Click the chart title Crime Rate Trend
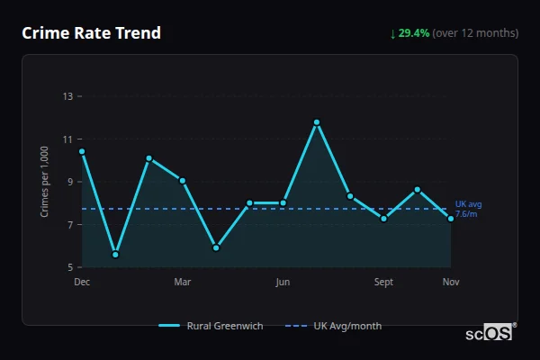[91, 33]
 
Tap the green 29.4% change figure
[415, 33]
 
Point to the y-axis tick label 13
[67, 96]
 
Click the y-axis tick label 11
[67, 139]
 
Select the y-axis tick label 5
[70, 267]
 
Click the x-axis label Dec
[82, 283]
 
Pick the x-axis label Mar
[182, 283]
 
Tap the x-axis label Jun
[283, 283]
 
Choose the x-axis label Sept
[384, 283]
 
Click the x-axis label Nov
[451, 283]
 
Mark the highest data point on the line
[317, 122]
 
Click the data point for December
[82, 151]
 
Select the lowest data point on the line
[115, 255]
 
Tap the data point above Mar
[183, 181]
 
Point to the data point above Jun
[283, 203]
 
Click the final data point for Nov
[451, 219]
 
